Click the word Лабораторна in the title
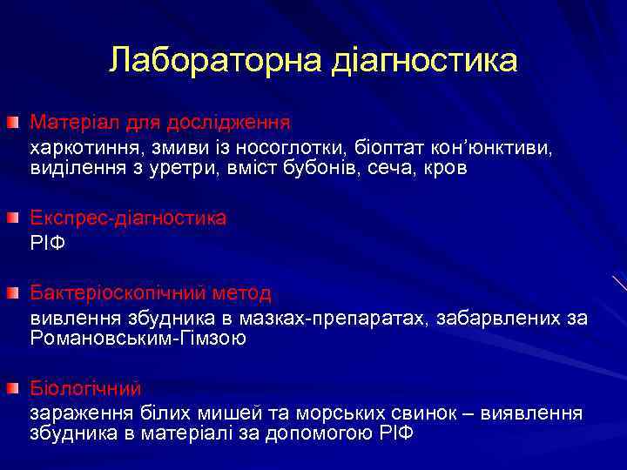[216, 60]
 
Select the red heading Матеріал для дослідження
[160, 120]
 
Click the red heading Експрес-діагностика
[129, 218]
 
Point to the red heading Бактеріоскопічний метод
[151, 292]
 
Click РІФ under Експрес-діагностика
[48, 243]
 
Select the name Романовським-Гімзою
[138, 339]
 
